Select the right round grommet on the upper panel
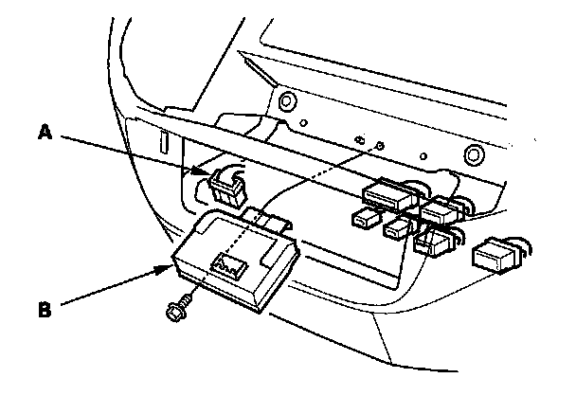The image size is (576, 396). coord(470,153)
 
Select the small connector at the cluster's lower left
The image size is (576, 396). coord(364,221)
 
